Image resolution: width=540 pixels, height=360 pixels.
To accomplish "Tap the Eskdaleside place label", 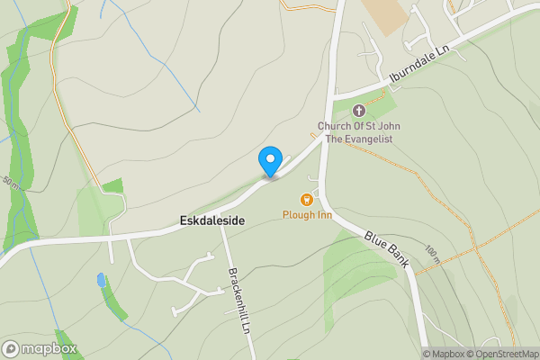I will coord(211,220).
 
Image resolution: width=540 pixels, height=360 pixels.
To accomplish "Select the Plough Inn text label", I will coord(307,215).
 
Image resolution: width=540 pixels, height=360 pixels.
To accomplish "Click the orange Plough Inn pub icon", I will coord(307,200).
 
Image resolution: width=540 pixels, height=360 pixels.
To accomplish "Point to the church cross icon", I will coord(359,111).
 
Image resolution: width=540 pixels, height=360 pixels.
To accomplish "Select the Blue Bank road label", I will coord(387,249).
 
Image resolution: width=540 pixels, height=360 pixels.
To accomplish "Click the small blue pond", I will coord(100,280).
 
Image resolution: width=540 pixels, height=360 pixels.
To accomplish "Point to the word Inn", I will coord(323,215).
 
